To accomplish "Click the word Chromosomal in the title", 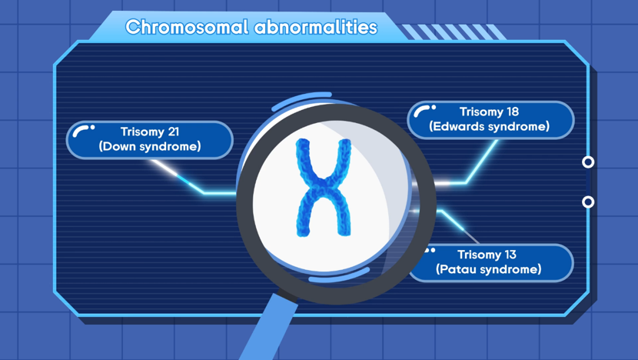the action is pos(187,27).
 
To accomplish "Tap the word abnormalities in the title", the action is pos(316,27).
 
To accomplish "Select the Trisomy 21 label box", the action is pos(150,140).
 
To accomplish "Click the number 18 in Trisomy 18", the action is pos(512,112).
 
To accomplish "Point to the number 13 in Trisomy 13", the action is pos(510,255).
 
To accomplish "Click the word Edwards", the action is pos(460,126).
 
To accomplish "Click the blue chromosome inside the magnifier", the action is pos(324,188).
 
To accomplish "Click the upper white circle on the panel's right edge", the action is pos(588,162).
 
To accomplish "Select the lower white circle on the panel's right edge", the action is pos(588,202).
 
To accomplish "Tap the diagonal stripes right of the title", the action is pos(453,32).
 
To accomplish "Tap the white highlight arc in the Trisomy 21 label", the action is pos(81,130).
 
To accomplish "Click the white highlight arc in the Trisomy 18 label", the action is pos(422,110).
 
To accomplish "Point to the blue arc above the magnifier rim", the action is pos(301,98).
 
